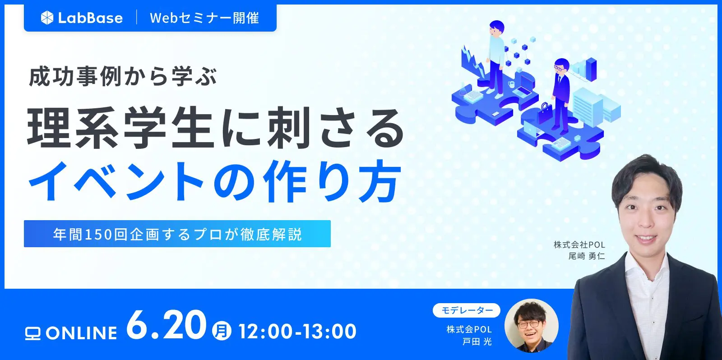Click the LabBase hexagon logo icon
pos(47,18)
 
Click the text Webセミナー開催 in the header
pos(204,18)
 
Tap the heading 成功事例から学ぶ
pos(123,76)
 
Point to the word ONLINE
pos(82,333)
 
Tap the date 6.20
pos(166,325)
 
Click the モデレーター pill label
pos(466,310)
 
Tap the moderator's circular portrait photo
pos(531,325)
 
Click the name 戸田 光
pos(477,342)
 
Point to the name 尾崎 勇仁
pos(586,256)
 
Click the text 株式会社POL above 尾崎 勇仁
pos(579,245)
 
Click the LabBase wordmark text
pos(90,18)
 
